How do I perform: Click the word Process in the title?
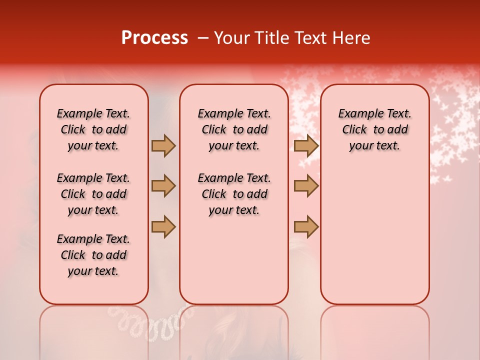point(154,38)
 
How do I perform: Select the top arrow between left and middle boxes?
point(163,145)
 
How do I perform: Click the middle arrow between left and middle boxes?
point(163,186)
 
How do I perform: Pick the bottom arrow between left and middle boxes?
point(163,226)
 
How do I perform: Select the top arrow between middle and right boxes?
point(306,145)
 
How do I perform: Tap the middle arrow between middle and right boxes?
point(306,186)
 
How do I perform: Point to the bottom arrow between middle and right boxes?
point(306,226)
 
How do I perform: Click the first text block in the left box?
point(93,129)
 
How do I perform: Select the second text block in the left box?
point(93,194)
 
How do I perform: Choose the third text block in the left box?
point(93,255)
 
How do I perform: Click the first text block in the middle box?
point(234,129)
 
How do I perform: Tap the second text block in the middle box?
point(234,194)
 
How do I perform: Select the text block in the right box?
point(374,129)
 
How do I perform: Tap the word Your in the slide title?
point(230,38)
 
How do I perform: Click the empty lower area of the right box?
point(374,235)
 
